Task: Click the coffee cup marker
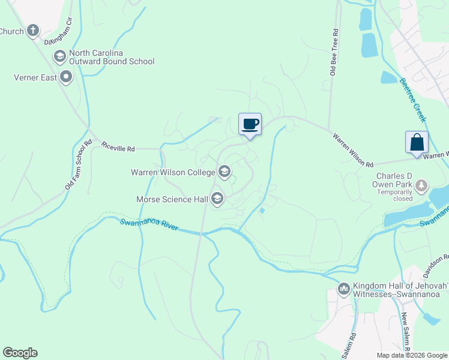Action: pos(250,124)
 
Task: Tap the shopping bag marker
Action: pos(417,143)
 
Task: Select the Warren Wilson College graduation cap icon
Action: pos(224,172)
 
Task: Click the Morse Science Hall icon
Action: pos(217,199)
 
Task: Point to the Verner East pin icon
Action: pos(65,77)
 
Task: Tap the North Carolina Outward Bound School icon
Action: pos(59,56)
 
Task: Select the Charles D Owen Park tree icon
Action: pos(422,185)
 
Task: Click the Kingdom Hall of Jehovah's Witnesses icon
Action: pos(344,289)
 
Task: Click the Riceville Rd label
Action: pos(118,146)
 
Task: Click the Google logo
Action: pos(20,353)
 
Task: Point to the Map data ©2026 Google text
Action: pos(411,355)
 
